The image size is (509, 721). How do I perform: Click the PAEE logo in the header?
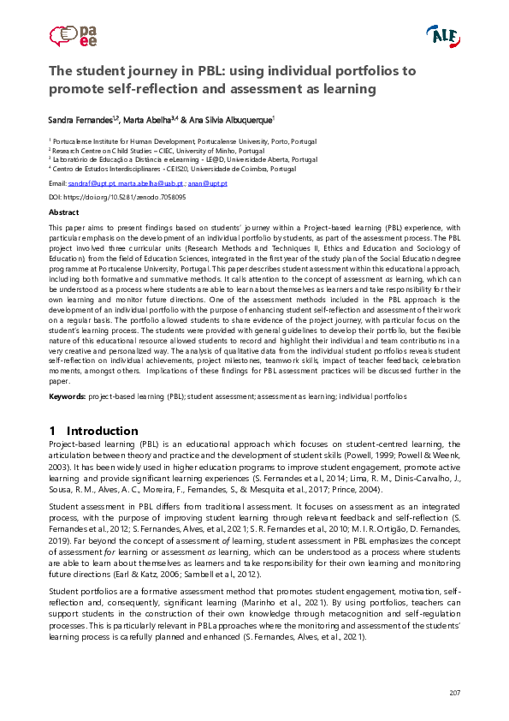(74, 35)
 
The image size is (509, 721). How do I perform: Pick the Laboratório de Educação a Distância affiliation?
(184, 159)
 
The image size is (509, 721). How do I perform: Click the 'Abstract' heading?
(64, 212)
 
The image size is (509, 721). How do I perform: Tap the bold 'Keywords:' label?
(67, 397)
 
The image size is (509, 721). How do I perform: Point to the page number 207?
(454, 692)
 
